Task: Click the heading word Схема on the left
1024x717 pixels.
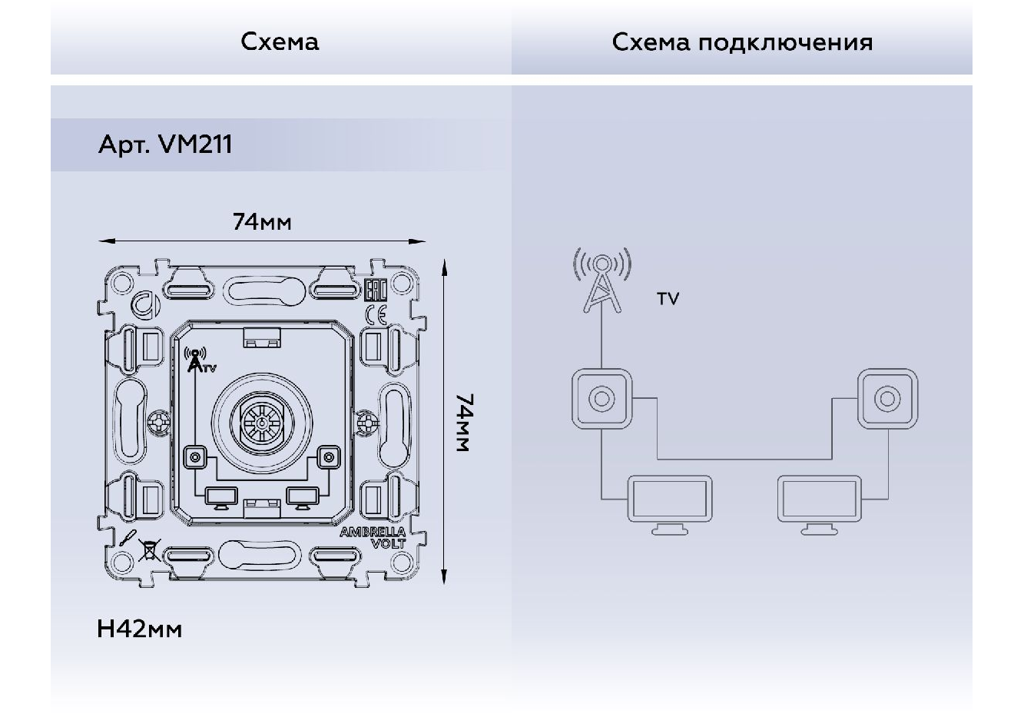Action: click(x=280, y=41)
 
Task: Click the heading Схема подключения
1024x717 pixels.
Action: click(x=742, y=41)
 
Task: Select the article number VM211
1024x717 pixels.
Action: click(x=194, y=144)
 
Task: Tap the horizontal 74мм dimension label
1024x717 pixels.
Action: click(x=262, y=222)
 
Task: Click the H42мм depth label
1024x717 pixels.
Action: click(x=140, y=629)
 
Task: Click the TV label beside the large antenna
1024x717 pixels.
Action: click(x=668, y=299)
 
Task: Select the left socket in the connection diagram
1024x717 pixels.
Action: click(x=601, y=399)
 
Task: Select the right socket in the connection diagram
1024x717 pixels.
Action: click(x=887, y=399)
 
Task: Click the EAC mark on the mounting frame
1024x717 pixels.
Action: click(x=375, y=290)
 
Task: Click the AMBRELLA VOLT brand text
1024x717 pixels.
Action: click(x=383, y=538)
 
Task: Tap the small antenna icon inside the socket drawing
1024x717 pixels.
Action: click(x=197, y=361)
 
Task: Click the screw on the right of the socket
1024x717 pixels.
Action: click(x=367, y=422)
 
